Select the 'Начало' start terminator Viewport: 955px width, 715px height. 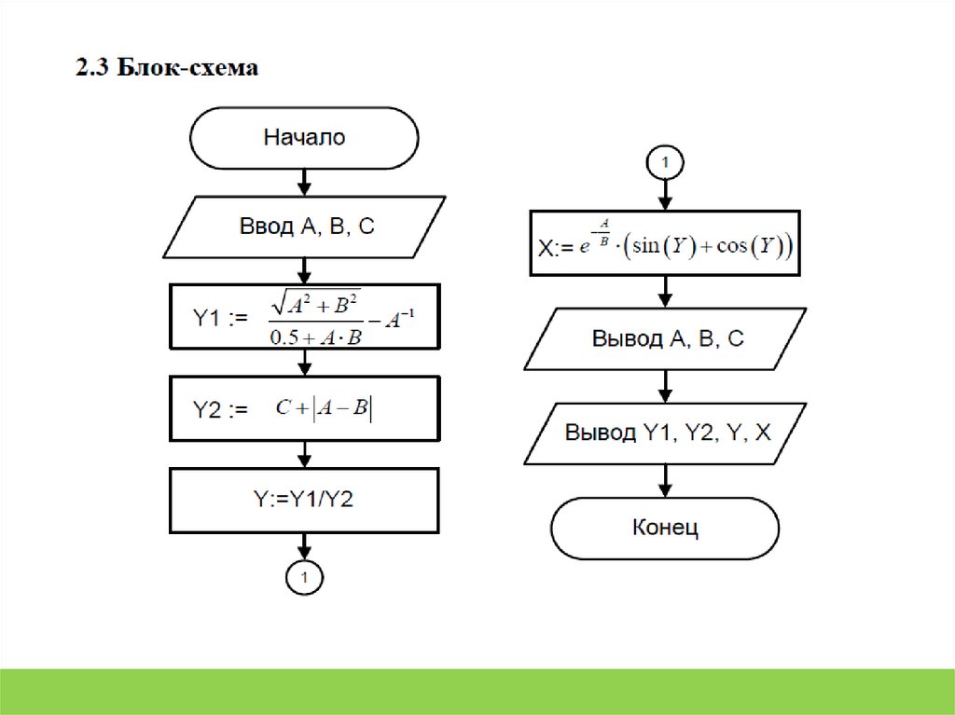tap(304, 138)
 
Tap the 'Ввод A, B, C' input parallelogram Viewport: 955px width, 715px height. tap(304, 226)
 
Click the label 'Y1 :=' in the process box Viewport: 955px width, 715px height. tap(220, 319)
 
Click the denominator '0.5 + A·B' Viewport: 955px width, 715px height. tap(315, 337)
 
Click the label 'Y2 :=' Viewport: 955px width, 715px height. tap(220, 408)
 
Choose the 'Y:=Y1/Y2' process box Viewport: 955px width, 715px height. tap(304, 499)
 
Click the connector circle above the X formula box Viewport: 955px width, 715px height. tap(665, 162)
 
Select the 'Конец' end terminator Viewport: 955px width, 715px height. tap(665, 528)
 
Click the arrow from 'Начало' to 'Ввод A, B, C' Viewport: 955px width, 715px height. tap(304, 181)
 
